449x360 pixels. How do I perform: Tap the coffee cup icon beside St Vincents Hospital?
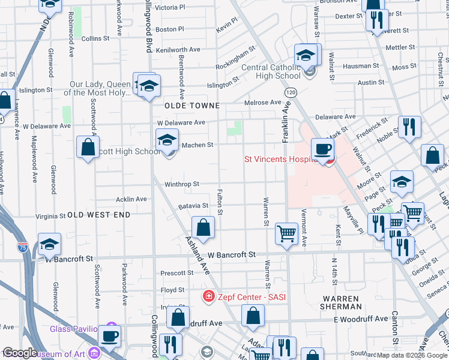coord(322,149)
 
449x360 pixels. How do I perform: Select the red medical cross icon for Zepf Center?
coord(208,296)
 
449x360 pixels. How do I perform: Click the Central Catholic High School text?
coord(271,71)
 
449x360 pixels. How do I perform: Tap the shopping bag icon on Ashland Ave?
coord(203,228)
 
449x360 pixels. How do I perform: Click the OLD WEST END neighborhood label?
coord(98,214)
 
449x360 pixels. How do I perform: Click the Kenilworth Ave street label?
coord(178,49)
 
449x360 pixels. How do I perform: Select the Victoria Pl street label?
coord(170,8)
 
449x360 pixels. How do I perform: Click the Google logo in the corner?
coord(19,353)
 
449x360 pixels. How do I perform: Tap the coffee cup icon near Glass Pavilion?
coord(109,336)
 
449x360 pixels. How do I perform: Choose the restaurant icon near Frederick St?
coord(409,127)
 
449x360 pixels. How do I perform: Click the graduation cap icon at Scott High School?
coord(167,141)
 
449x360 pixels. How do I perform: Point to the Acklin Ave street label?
coord(131,199)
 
